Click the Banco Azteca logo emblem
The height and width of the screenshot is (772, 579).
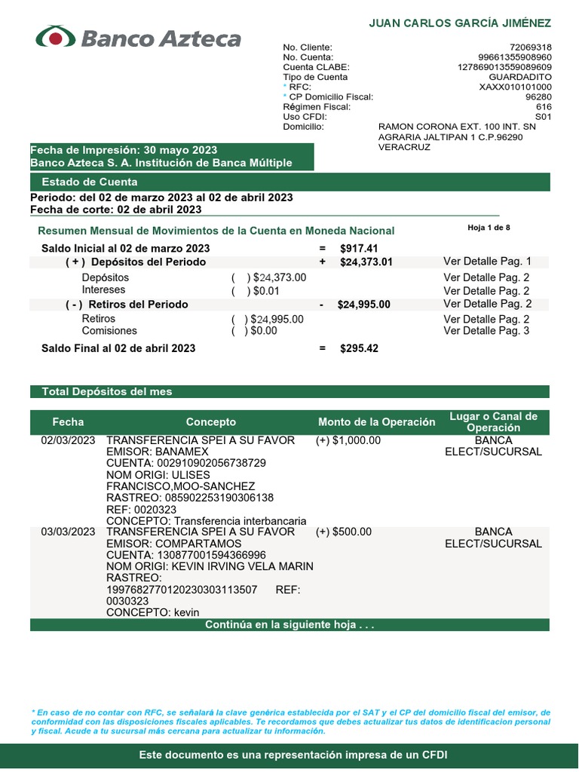point(56,37)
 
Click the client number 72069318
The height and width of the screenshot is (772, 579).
point(530,47)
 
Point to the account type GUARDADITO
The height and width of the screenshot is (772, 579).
point(520,77)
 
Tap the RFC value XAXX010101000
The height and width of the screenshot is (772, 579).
point(515,87)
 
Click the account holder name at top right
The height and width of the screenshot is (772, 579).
point(460,23)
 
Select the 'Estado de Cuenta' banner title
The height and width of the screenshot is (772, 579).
point(90,182)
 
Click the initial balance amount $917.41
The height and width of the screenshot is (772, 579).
point(359,248)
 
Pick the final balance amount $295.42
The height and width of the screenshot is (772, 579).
point(359,348)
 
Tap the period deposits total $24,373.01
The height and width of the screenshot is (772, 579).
point(366,262)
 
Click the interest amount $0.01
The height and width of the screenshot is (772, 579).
point(265,290)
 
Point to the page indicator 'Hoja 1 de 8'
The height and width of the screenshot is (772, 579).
point(489,227)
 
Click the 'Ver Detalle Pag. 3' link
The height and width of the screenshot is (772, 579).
point(486,331)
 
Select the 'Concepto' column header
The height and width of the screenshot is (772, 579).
point(211,422)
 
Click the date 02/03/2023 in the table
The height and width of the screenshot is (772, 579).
point(68,440)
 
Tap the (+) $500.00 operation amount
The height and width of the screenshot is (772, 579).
point(344,532)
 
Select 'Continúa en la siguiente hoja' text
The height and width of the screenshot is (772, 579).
point(289,625)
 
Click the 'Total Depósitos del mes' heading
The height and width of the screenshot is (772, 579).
point(107,392)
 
